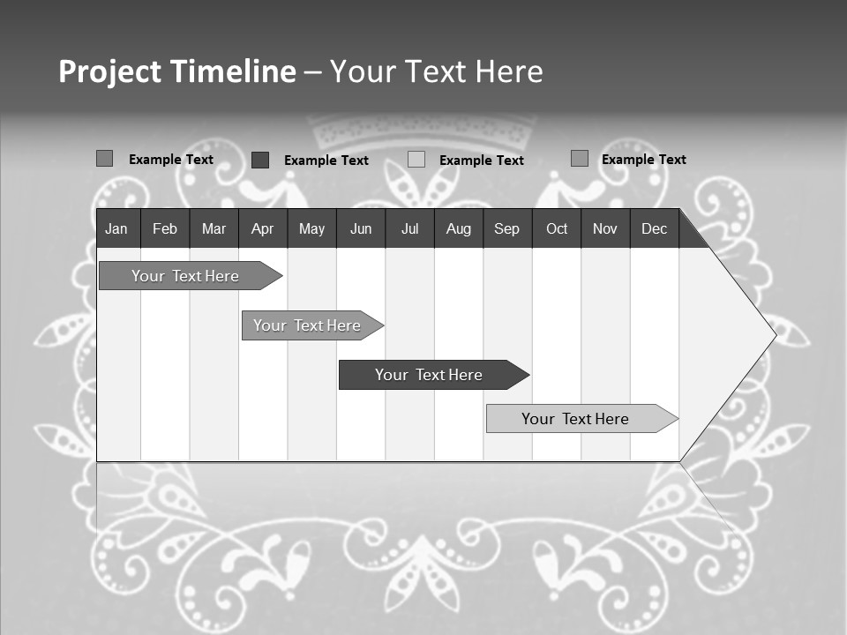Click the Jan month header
click(116, 229)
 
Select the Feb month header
click(165, 229)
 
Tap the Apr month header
click(262, 229)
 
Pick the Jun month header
click(361, 229)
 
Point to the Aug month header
click(458, 229)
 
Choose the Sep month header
click(506, 229)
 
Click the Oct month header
click(557, 229)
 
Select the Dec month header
click(654, 229)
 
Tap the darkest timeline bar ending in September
click(430, 375)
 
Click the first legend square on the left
click(104, 159)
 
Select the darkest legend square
click(260, 160)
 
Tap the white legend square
click(416, 160)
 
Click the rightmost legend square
click(580, 159)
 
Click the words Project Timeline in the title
click(176, 71)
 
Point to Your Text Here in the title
click(437, 71)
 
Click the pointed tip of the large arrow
click(774, 334)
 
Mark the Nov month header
click(605, 229)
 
